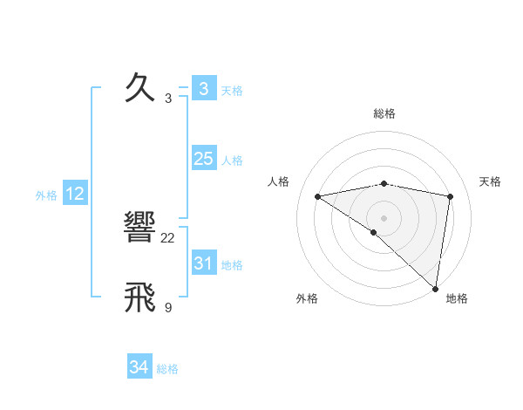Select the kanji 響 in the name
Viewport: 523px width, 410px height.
tap(141, 229)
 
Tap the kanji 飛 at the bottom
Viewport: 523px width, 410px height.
tap(141, 297)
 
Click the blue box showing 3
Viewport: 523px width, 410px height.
tap(203, 88)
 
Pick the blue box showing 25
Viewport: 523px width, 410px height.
tap(203, 159)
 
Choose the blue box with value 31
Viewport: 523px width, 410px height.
tap(203, 263)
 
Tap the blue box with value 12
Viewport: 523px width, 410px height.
tap(75, 194)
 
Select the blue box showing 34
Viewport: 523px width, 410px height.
tap(139, 367)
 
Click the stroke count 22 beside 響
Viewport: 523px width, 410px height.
tap(168, 237)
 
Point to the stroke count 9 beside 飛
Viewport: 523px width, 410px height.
tap(168, 306)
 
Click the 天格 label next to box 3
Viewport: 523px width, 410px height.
tap(232, 90)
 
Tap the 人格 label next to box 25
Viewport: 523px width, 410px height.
tap(232, 161)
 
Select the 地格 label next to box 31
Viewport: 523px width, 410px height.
tap(232, 265)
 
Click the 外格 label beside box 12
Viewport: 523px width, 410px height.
tap(46, 195)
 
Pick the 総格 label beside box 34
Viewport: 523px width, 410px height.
tap(167, 369)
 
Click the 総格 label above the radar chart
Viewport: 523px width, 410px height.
tap(384, 113)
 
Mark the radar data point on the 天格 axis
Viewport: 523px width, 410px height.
tap(451, 196)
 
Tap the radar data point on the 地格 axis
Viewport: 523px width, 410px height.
tap(436, 289)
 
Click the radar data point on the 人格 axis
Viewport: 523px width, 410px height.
tap(318, 196)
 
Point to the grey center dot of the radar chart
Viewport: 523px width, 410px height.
tap(384, 217)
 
